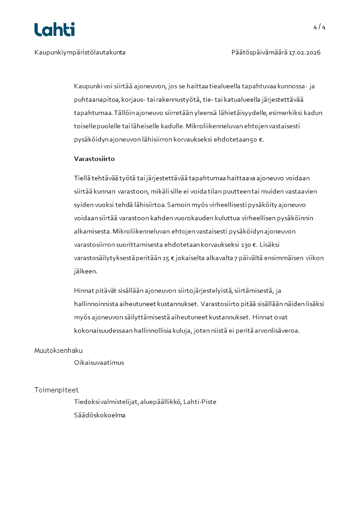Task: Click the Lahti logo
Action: pos(54,30)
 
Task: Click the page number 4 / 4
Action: pos(319,27)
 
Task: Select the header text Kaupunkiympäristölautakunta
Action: pos(80,53)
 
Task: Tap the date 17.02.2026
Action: pos(305,53)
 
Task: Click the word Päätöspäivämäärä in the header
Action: pos(259,53)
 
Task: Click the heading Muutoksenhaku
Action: pos(59,351)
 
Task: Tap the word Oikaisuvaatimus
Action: pos(99,363)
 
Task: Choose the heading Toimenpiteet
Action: pos(56,390)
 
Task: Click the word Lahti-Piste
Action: pos(200,402)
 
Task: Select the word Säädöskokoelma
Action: pos(99,415)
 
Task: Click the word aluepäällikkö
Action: pos(161,402)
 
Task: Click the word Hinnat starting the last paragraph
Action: pos(83,291)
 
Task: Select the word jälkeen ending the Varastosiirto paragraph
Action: pos(85,272)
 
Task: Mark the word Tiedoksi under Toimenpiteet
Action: pos(86,402)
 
